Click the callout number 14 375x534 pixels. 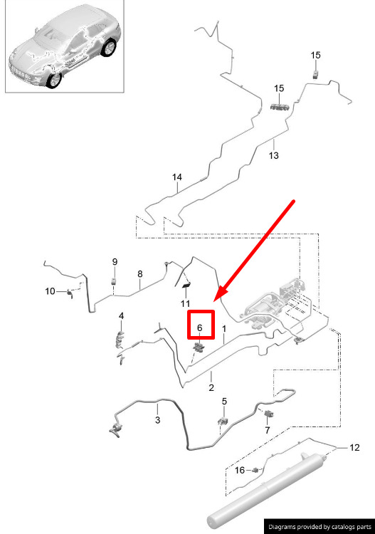click(177, 177)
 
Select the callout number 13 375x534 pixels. click(273, 156)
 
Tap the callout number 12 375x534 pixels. click(354, 448)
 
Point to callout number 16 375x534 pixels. click(240, 471)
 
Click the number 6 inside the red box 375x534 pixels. click(200, 328)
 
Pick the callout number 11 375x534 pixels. click(186, 303)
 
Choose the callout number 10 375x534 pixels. click(50, 291)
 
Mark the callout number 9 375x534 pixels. click(115, 262)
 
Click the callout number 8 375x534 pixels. click(140, 274)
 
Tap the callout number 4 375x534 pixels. click(121, 316)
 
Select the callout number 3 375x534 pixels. click(157, 420)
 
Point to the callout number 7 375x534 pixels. click(267, 430)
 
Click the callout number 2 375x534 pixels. click(211, 387)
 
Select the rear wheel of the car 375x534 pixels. click(110, 48)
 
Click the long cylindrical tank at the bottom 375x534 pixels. click(265, 491)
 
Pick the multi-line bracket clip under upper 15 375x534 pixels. click(280, 108)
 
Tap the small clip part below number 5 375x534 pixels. click(223, 421)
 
